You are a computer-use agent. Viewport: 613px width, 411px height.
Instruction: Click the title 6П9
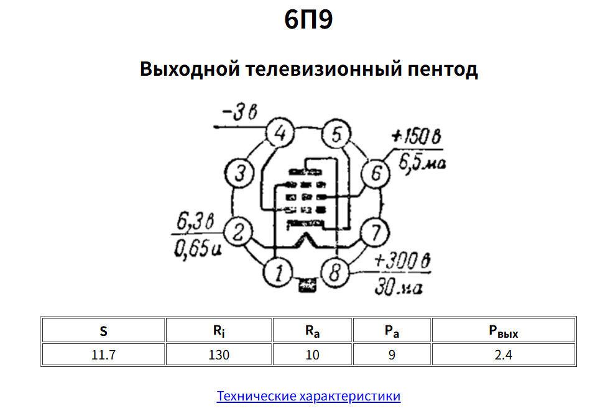click(x=308, y=20)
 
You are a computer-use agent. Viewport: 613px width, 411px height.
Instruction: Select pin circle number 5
click(x=336, y=133)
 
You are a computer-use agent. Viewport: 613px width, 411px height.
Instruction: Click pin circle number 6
click(x=376, y=173)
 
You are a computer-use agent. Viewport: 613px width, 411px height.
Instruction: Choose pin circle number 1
click(x=278, y=272)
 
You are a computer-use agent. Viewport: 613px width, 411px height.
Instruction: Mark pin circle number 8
click(x=335, y=272)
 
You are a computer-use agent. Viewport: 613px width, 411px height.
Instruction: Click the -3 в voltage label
click(x=239, y=112)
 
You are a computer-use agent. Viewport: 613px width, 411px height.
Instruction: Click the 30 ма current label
click(x=398, y=287)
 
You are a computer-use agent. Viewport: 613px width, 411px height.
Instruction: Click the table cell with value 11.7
click(x=103, y=355)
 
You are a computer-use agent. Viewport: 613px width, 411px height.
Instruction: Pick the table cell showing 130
click(x=218, y=355)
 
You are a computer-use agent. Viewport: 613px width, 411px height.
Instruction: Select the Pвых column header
click(x=503, y=331)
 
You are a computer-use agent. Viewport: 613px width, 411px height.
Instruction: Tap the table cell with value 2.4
click(x=503, y=355)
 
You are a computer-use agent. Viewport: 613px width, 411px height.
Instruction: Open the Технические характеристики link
click(x=308, y=396)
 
